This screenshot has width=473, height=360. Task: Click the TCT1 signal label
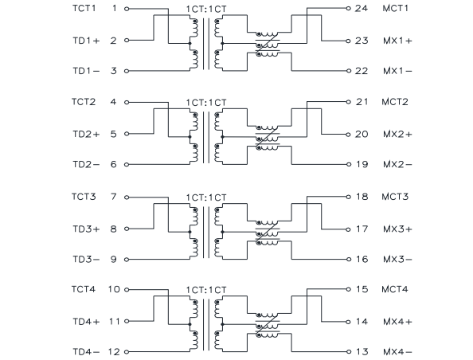coord(84,8)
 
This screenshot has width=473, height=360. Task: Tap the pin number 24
coord(361,8)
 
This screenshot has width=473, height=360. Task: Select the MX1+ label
coord(397,41)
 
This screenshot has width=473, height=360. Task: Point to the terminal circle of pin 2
coord(127,40)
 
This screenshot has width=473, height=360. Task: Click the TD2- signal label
coord(86,164)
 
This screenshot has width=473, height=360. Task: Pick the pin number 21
coord(362,102)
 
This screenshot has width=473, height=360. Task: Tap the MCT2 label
coord(395,102)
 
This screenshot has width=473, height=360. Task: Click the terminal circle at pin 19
coord(349,164)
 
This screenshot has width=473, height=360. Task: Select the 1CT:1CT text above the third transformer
coord(206,198)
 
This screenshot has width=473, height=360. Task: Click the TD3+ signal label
coord(86,229)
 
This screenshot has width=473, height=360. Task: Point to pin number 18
coord(362,197)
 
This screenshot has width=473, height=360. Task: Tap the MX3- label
coord(397,259)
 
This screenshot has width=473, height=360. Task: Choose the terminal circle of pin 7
coord(127,198)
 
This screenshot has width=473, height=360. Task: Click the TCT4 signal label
coord(84,289)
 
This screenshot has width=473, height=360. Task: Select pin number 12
coord(114,352)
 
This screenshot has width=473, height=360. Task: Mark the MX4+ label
coord(397,322)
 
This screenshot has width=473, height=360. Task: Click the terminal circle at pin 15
coord(349,289)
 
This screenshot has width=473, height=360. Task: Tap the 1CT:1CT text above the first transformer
coord(206,9)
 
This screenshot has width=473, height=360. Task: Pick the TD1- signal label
coord(86,71)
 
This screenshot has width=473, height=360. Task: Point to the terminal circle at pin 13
coord(349,351)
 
